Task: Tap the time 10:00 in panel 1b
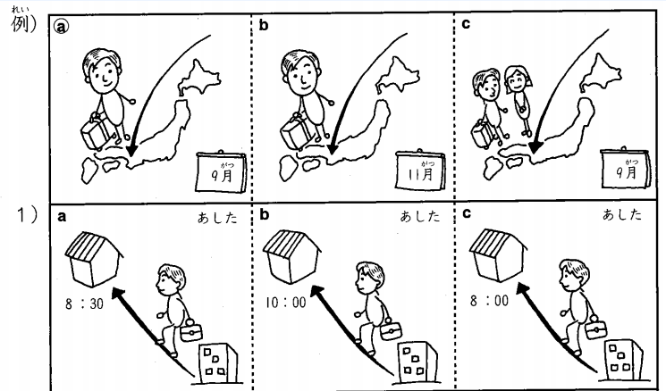[285, 302]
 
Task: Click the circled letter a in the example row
[63, 27]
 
